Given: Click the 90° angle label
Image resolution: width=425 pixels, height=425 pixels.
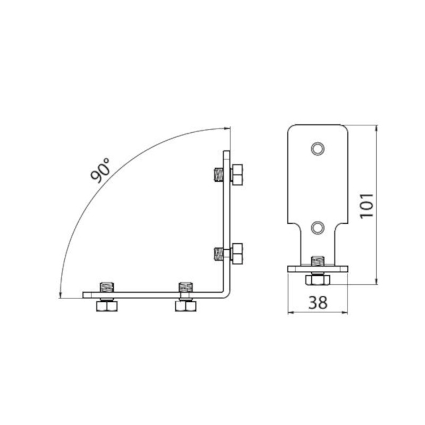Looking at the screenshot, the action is [100, 170].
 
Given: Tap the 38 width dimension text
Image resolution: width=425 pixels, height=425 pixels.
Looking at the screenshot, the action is [318, 302].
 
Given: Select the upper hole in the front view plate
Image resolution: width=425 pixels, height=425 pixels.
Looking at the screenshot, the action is [318, 149].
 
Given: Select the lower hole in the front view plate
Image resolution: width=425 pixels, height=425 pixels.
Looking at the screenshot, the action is [318, 228].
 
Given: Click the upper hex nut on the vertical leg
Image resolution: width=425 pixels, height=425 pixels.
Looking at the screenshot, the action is [237, 175].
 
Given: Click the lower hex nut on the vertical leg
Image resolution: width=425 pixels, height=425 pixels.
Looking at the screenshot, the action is [237, 254].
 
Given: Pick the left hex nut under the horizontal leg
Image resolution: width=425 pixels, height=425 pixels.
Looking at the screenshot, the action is [107, 307].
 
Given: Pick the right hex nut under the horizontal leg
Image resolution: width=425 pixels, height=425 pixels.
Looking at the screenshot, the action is [185, 307].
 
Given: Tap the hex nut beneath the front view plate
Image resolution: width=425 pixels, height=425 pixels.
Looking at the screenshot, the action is [318, 280].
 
